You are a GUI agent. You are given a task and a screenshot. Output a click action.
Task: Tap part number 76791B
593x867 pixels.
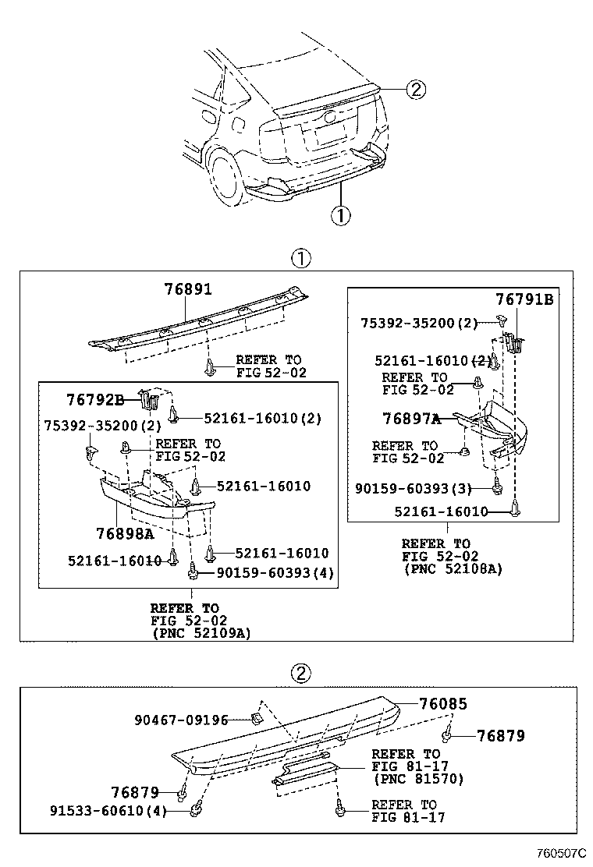(524, 299)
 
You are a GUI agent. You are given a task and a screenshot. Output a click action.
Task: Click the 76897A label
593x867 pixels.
(411, 419)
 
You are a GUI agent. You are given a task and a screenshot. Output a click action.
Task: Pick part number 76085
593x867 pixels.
(442, 704)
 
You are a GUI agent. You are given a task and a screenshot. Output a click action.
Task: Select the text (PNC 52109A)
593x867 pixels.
(201, 634)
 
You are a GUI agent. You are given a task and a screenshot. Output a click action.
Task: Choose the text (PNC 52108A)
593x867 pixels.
(453, 569)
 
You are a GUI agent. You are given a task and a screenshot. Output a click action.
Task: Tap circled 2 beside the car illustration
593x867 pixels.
(416, 90)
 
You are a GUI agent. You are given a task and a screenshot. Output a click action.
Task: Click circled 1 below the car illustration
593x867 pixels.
(340, 214)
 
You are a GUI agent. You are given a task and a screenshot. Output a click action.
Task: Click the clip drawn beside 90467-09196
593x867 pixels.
(255, 718)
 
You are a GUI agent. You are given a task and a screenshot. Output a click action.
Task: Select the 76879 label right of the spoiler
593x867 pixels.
(500, 735)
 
